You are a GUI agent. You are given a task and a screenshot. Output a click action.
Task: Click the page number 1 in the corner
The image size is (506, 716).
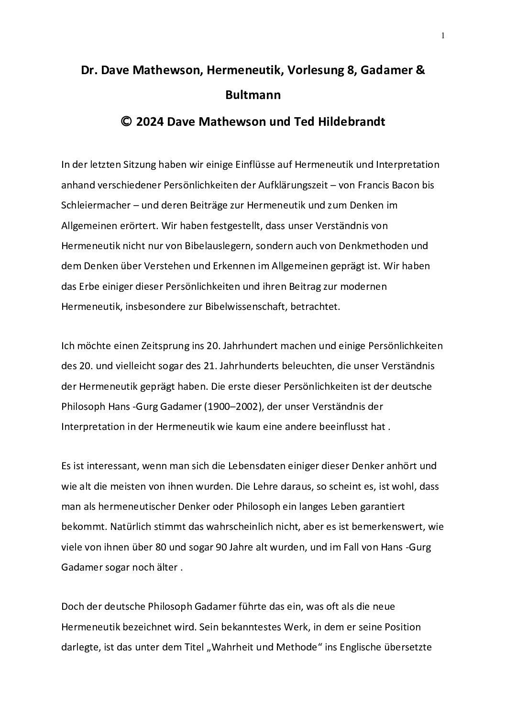coord(443,35)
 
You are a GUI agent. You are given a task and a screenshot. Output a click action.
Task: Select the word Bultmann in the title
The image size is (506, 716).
coord(253,95)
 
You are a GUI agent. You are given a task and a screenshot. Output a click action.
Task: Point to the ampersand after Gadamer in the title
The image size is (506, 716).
coord(420,70)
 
